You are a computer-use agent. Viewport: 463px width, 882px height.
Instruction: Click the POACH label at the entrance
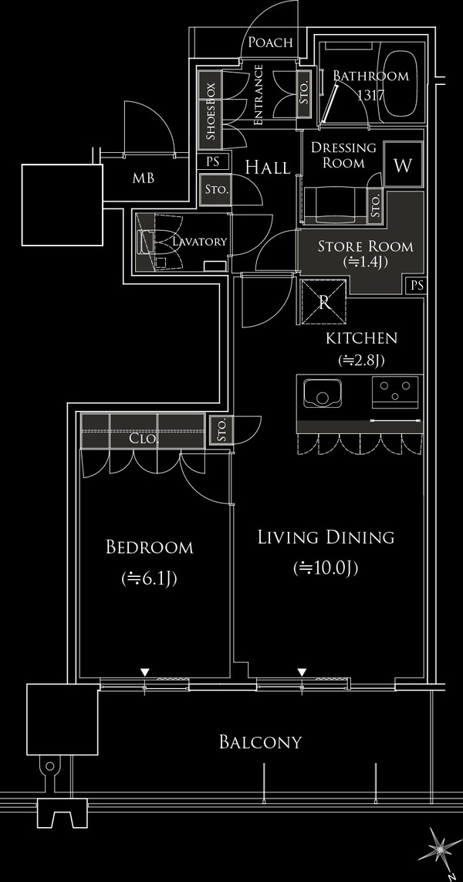coord(270,42)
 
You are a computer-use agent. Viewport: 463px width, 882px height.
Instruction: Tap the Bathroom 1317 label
coord(371,84)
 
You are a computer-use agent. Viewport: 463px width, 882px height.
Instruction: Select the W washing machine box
coord(403,165)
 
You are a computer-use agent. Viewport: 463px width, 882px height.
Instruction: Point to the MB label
coord(144,179)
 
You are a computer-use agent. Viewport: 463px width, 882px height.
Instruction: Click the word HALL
coord(268,167)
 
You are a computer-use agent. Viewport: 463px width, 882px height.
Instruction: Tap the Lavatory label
coord(199,241)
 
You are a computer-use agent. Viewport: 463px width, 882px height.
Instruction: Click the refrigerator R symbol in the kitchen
coord(324,302)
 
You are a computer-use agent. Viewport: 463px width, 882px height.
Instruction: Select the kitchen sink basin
coord(322,393)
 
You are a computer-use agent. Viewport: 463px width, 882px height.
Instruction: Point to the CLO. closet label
coord(144,439)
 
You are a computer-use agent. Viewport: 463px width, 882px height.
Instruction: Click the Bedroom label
coord(150,547)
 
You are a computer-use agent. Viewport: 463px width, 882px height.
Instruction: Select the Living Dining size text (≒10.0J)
coord(326,568)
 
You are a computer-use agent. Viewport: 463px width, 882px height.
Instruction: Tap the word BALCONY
coord(260,742)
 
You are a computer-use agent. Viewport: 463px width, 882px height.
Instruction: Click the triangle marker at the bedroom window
coord(145,672)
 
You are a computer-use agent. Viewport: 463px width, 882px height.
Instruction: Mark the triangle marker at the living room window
coord(302,672)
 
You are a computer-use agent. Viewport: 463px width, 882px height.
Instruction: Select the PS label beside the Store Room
coord(417,286)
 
